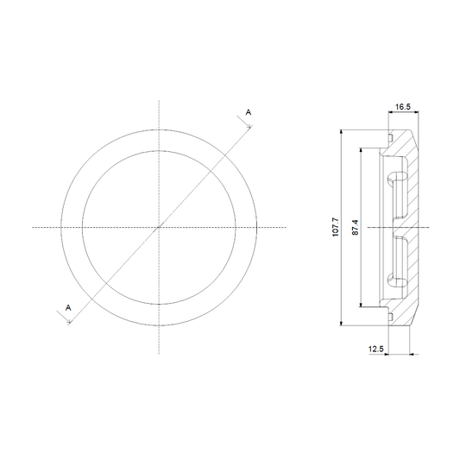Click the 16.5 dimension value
coord(403,107)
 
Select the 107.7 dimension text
coord(336,227)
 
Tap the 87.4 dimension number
coord(355,227)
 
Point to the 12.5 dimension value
coord(376,350)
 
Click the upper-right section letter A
coord(249,112)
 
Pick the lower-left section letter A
coord(68,308)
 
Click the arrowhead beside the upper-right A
coord(250,127)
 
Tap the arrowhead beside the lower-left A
coord(69,322)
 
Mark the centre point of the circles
coord(159,227)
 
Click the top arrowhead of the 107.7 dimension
coord(341,132)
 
